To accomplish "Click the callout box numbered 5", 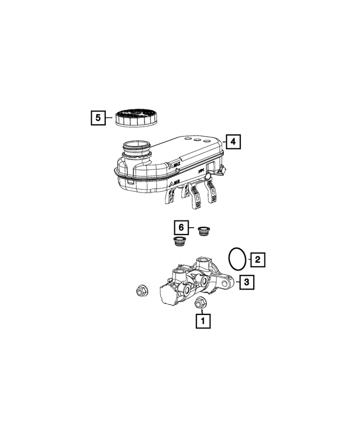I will click(98, 118).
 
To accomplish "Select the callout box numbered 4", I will click(233, 141).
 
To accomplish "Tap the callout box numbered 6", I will click(179, 227).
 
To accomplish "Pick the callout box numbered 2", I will click(257, 259).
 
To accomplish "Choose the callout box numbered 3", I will click(246, 282).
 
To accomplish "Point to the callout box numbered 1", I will click(202, 321).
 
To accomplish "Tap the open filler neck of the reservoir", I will click(136, 148).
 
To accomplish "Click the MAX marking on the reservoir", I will click(175, 166).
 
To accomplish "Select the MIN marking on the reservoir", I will click(175, 183).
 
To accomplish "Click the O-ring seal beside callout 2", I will click(238, 258).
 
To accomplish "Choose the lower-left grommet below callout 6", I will click(179, 242).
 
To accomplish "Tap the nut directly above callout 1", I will click(201, 303).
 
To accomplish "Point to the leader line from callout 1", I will click(201, 311).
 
